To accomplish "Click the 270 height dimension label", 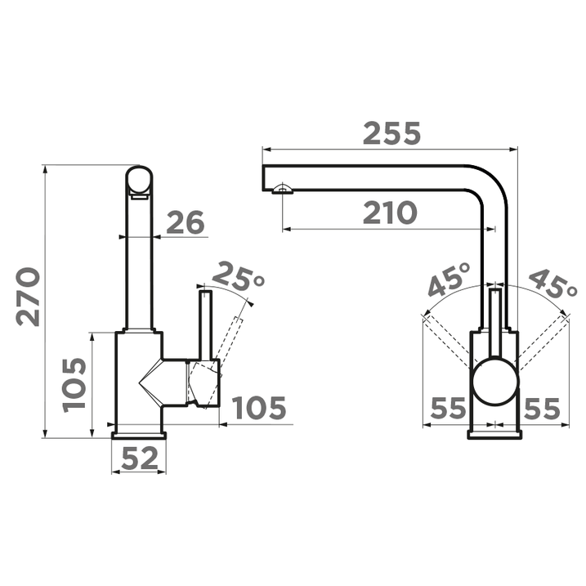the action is [28, 297].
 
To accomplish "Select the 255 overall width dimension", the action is [391, 133].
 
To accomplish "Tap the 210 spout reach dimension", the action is [390, 213].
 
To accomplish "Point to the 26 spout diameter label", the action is [186, 222].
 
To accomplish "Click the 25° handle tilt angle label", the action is [239, 278].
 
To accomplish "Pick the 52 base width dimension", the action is [140, 459].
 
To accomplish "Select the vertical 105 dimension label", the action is [74, 385].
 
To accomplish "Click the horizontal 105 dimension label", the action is [259, 408].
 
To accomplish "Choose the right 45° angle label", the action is [552, 283].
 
